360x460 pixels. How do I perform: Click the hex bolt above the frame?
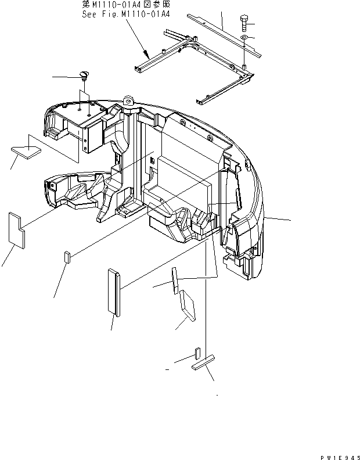244,25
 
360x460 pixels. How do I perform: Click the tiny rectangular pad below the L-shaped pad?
67,257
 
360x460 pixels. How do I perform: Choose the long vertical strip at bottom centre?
114,293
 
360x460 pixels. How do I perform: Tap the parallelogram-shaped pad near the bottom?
187,306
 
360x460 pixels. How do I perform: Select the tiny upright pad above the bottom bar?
197,353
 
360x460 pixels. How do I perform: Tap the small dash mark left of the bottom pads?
167,369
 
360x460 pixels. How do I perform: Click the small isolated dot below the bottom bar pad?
217,395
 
